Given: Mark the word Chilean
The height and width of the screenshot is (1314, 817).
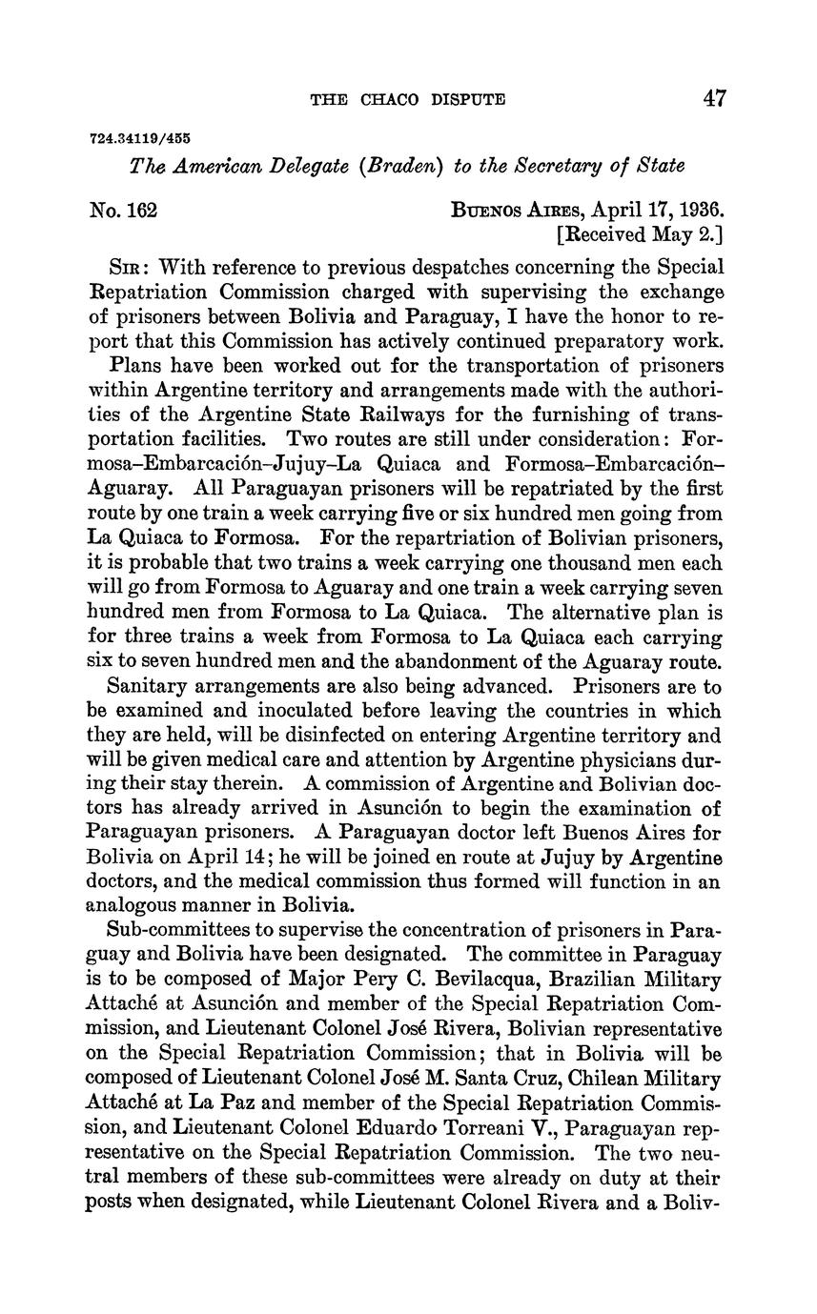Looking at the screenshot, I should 583,1079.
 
